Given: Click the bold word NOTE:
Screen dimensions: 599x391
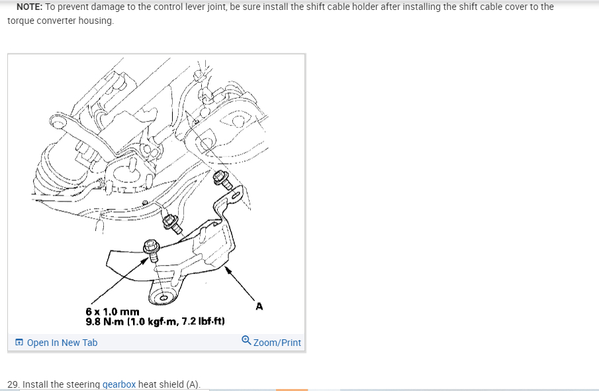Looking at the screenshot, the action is [29, 7].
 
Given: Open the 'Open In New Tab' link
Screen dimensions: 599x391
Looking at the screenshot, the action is [62, 343].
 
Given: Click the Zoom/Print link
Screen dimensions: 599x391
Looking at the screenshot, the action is [277, 343].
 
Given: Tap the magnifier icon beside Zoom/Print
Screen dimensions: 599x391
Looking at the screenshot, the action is [246, 340].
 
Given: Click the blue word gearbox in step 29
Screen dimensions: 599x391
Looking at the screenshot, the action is [118, 384].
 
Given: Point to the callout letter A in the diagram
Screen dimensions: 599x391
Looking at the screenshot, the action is [259, 306].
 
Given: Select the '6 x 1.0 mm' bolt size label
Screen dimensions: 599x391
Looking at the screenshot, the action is [113, 311].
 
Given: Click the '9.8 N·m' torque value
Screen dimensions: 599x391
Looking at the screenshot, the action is [105, 321].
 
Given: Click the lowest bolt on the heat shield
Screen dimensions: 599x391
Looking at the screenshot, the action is [152, 250].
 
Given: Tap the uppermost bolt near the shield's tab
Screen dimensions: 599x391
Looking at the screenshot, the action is [222, 180].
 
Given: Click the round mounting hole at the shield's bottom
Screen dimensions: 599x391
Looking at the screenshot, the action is [163, 298].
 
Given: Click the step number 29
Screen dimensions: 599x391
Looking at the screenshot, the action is [13, 384].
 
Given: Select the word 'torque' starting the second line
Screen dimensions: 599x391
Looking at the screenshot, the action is [21, 21].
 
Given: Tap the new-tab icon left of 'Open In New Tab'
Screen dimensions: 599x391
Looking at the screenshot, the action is [19, 342].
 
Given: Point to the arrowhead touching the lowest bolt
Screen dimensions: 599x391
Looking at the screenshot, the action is [144, 261].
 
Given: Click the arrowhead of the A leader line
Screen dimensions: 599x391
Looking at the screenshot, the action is [228, 270].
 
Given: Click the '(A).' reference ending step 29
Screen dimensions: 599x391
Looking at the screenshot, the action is [193, 384].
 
